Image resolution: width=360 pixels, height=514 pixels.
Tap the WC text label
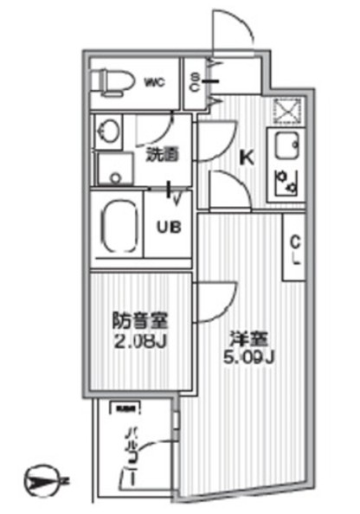click(x=155, y=83)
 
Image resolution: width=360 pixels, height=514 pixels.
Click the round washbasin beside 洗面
click(x=110, y=132)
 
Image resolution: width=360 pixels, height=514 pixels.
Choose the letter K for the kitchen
click(x=246, y=158)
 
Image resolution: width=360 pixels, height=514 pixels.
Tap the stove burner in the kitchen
click(x=283, y=181)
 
